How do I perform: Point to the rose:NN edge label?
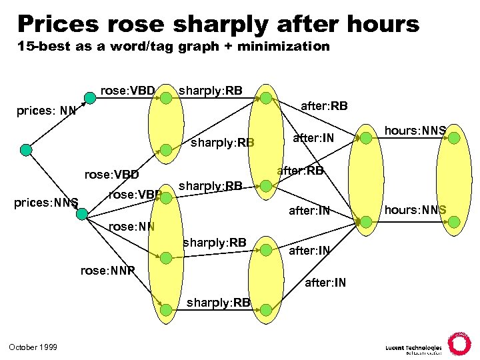pyautogui.click(x=131, y=226)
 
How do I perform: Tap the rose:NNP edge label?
pyautogui.click(x=107, y=271)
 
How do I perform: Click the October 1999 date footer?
pyautogui.click(x=33, y=347)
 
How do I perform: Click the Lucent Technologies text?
pyautogui.click(x=413, y=347)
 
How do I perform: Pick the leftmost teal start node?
pyautogui.click(x=25, y=150)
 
